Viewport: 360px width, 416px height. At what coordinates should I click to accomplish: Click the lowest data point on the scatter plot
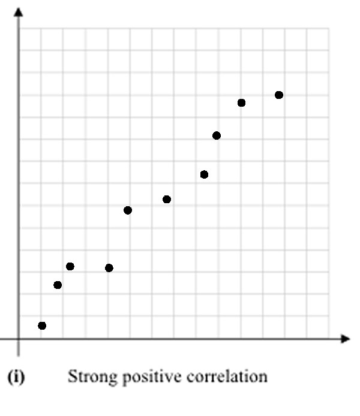[x=42, y=325]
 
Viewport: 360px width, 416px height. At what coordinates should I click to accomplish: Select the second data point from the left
[x=58, y=285]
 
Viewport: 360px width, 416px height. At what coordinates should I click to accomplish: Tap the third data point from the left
[x=70, y=266]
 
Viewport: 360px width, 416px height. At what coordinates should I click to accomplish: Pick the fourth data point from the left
[x=109, y=267]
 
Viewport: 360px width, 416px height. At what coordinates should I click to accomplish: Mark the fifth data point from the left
[x=128, y=210]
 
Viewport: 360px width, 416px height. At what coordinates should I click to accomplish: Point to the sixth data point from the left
[x=167, y=199]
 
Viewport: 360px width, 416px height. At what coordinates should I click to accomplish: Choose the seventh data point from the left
[x=204, y=174]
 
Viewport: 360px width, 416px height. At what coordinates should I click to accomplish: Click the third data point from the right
[x=217, y=135]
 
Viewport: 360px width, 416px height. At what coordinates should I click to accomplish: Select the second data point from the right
[x=242, y=103]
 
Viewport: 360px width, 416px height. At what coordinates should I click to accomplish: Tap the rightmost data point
[x=279, y=95]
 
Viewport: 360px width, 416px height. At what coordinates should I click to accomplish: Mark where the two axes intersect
[x=19, y=339]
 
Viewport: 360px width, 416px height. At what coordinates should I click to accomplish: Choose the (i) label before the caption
[x=16, y=378]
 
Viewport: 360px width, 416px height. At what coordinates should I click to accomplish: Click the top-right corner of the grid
[x=329, y=28]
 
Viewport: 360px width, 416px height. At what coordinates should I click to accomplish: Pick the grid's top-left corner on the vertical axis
[x=19, y=28]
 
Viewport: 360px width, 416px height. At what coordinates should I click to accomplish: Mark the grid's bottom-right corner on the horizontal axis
[x=329, y=339]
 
